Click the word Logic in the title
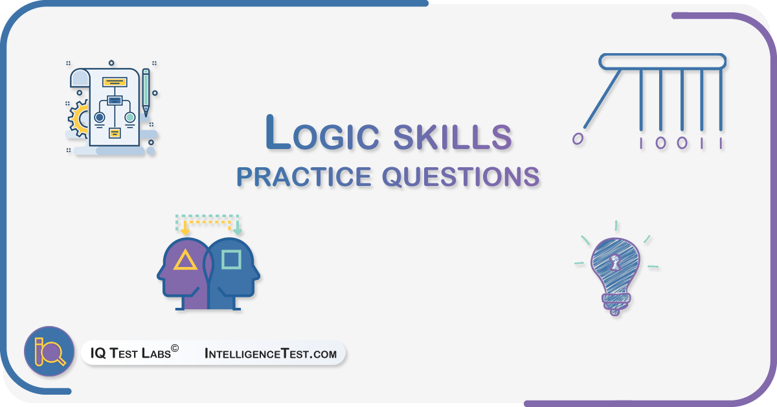(322, 134)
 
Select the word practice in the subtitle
(304, 177)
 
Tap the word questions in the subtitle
(461, 177)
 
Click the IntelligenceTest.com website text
(271, 353)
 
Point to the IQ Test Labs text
(135, 352)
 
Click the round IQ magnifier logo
(49, 351)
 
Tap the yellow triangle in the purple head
(185, 260)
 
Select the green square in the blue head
(231, 259)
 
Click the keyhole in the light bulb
(615, 262)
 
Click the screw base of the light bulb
(616, 304)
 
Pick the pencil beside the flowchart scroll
(146, 93)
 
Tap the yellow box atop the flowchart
(115, 82)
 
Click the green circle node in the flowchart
(130, 117)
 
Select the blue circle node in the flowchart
(100, 117)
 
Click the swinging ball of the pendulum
(578, 139)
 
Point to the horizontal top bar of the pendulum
(662, 62)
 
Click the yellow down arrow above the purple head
(185, 228)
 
